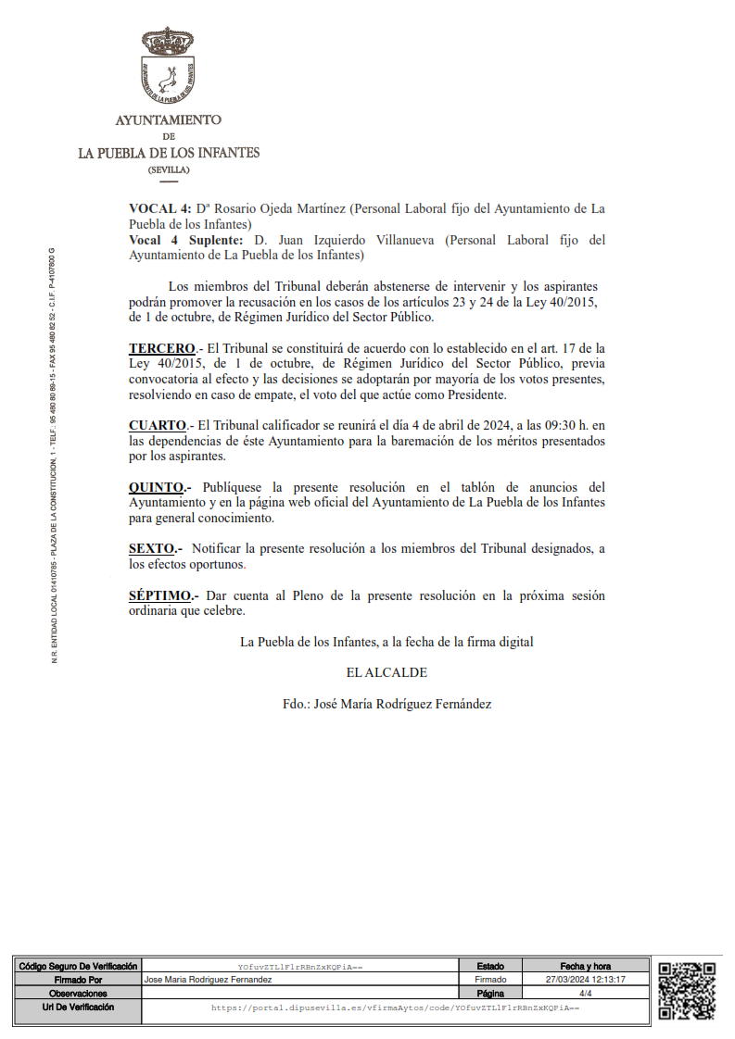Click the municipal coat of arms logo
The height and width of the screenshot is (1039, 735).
point(168,66)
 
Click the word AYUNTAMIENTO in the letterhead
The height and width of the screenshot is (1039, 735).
point(168,120)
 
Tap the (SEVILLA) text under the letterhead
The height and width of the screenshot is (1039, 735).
point(168,170)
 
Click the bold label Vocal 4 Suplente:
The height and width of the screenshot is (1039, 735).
point(186,240)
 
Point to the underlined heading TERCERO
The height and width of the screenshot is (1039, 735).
point(162,348)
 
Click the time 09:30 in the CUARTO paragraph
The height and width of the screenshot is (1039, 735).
point(549,425)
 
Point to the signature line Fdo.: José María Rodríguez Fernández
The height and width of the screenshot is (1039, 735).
point(387,704)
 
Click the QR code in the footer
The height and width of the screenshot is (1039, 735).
point(687,990)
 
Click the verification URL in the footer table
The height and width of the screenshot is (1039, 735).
point(395,1008)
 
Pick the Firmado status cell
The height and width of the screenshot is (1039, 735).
point(491,979)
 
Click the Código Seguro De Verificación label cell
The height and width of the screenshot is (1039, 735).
point(78,966)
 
